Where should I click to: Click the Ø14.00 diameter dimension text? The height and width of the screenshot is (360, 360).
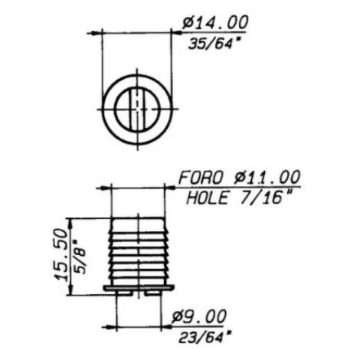click(x=215, y=23)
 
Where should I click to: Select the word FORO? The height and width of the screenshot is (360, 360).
click(x=201, y=177)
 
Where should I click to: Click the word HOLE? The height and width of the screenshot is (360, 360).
click(x=207, y=198)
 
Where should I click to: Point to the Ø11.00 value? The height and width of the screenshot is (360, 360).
click(x=267, y=177)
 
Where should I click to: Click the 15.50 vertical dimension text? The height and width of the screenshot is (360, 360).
click(x=61, y=255)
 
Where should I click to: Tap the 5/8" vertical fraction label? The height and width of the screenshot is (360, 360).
click(x=80, y=257)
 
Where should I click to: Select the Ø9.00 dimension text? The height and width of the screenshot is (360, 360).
click(x=198, y=316)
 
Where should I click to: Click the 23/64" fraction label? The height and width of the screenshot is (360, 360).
click(x=205, y=337)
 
